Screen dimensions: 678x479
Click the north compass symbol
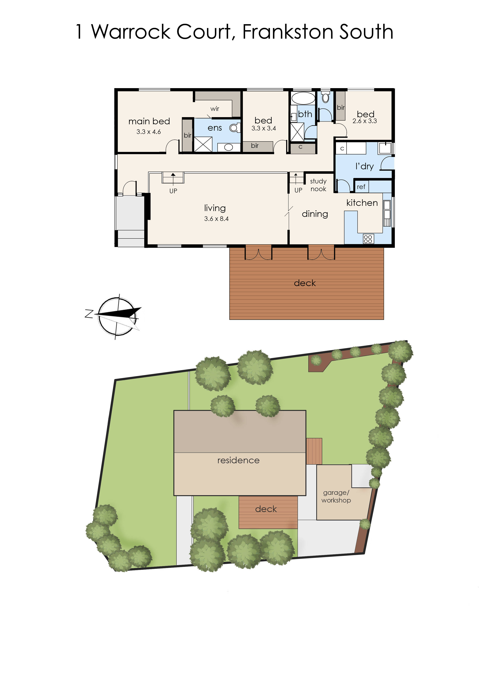pyautogui.click(x=117, y=316)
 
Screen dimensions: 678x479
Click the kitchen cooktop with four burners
pyautogui.click(x=368, y=239)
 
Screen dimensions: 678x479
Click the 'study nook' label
pyautogui.click(x=318, y=185)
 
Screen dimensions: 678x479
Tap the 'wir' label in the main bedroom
pyautogui.click(x=215, y=109)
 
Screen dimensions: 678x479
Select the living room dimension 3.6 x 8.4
pyautogui.click(x=216, y=219)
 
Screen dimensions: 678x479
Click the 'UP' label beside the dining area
pyautogui.click(x=298, y=190)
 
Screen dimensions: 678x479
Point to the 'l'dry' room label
pyautogui.click(x=365, y=166)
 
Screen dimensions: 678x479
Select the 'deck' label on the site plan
pyautogui.click(x=266, y=509)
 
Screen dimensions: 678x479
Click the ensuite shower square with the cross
pyautogui.click(x=203, y=144)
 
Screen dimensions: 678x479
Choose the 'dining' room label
pyautogui.click(x=315, y=214)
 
